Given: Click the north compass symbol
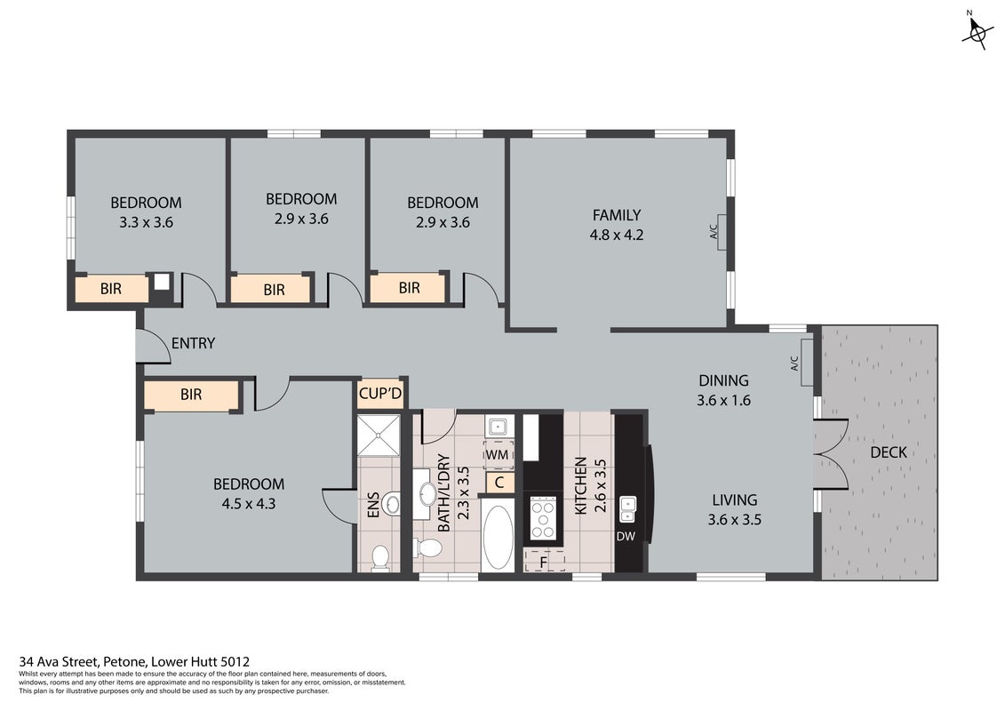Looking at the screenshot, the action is [x=976, y=32].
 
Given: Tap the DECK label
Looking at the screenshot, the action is [x=889, y=452].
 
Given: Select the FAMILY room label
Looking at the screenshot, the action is [x=617, y=215].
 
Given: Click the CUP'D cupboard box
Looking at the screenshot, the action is [x=380, y=394].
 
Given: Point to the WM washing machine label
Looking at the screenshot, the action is [x=498, y=455].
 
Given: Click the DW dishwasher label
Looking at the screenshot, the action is [x=626, y=536].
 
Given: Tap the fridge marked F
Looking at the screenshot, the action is [x=544, y=560].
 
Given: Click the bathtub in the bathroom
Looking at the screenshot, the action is [x=498, y=538].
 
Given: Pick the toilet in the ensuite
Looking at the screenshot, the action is [x=380, y=556].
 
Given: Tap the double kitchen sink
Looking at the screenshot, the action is [x=627, y=509].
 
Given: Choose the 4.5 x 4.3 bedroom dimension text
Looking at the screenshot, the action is [x=249, y=504].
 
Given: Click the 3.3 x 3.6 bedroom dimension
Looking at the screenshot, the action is [x=146, y=222].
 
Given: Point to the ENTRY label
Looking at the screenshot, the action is [x=193, y=344].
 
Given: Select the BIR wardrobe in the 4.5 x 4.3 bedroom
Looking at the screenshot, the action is [x=192, y=395].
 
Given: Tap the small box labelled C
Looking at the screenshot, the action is [x=500, y=482].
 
